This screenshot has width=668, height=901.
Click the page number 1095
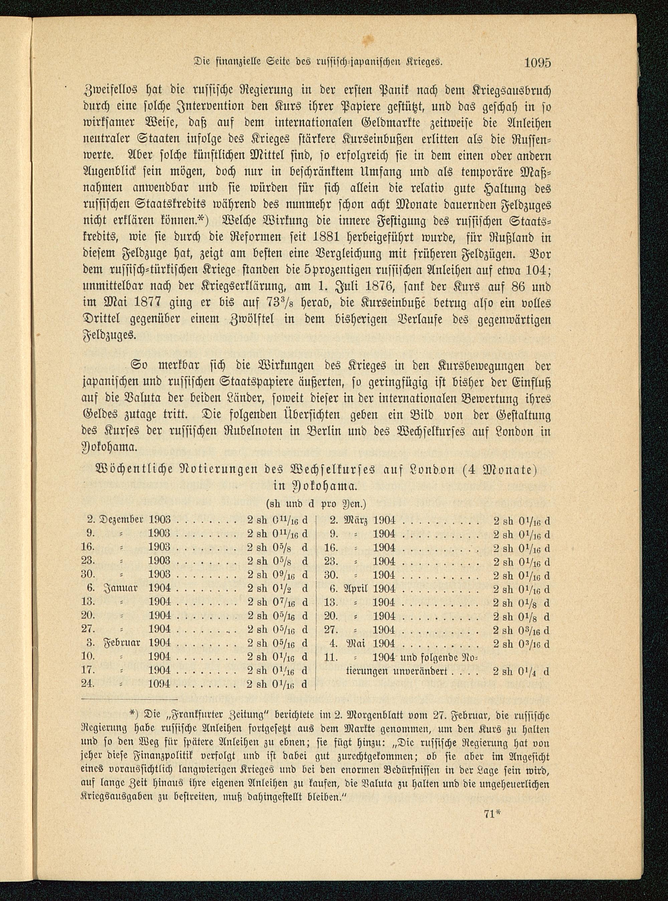click(x=537, y=63)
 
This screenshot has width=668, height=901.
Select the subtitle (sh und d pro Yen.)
click(x=315, y=505)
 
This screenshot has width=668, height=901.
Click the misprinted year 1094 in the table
click(x=160, y=684)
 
